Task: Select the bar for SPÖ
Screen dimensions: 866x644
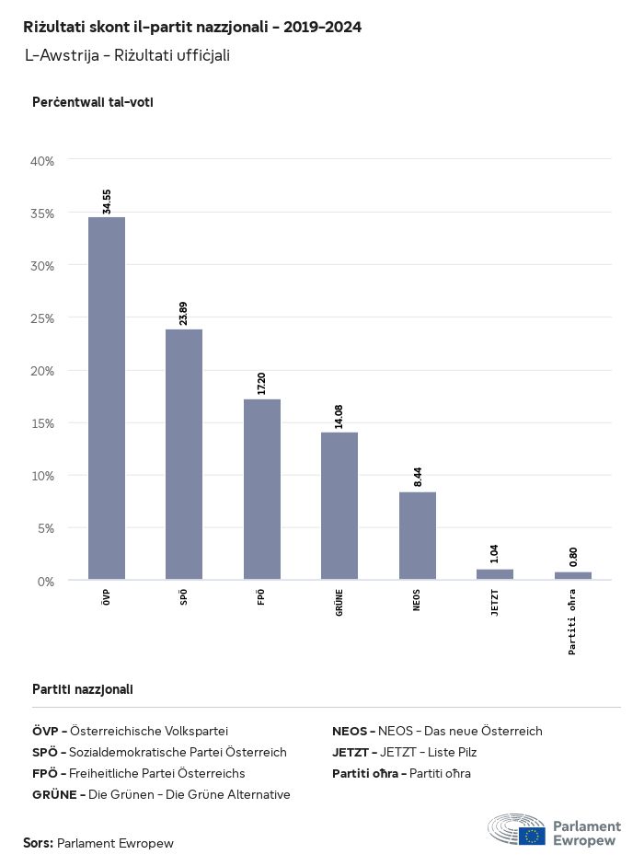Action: [184, 455]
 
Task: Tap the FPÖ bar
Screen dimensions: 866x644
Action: [262, 490]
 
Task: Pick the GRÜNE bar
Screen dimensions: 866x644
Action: [339, 506]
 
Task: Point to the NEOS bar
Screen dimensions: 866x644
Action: [418, 536]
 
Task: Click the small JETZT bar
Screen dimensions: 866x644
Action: [495, 574]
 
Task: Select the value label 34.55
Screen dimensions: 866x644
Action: [107, 202]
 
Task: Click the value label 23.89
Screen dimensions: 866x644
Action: [184, 313]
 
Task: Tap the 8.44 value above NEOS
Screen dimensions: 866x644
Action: [418, 477]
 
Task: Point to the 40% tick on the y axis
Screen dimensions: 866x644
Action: [43, 161]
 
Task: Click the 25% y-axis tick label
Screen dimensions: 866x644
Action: [43, 318]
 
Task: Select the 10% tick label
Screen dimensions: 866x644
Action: [43, 476]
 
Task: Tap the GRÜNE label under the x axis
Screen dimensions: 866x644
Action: [339, 602]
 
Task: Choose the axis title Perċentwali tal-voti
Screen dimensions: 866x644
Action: [92, 102]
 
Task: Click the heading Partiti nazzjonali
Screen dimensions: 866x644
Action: [83, 688]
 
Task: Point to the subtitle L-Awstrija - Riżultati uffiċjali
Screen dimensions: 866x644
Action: [127, 55]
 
